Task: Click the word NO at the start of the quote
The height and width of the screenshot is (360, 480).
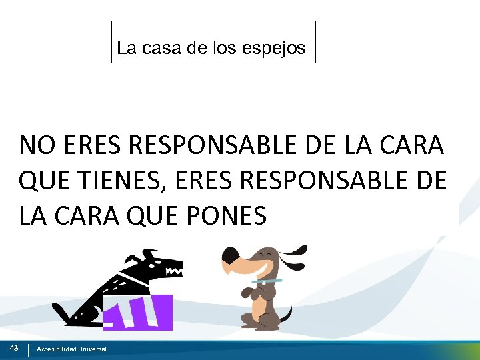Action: tap(33, 145)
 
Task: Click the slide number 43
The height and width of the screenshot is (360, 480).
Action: tap(14, 348)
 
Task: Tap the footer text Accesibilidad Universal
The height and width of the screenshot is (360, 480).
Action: tap(71, 349)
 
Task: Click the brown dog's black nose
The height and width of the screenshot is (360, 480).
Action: tap(229, 255)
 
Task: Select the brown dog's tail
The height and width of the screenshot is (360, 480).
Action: tap(286, 313)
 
